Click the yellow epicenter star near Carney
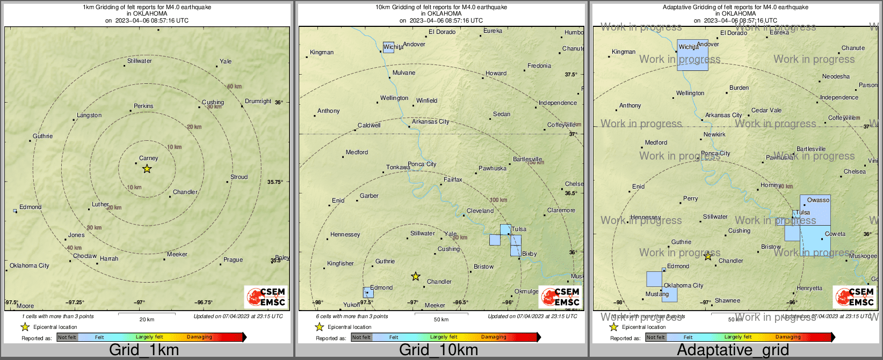[147, 169]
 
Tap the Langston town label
[89, 115]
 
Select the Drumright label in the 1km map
[258, 101]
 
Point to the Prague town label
[233, 260]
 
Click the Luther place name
[100, 204]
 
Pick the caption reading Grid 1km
[144, 350]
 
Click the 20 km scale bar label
[147, 319]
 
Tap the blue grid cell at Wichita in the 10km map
[388, 47]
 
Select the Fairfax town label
[453, 179]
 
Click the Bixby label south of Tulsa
[529, 254]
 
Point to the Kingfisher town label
[341, 263]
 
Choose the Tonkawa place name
[398, 167]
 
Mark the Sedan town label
[502, 114]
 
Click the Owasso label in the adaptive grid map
[818, 200]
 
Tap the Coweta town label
[835, 234]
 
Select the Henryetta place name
[809, 288]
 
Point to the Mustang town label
[657, 294]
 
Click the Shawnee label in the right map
[727, 300]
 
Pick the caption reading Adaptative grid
[733, 350]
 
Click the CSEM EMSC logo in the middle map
[561, 297]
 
